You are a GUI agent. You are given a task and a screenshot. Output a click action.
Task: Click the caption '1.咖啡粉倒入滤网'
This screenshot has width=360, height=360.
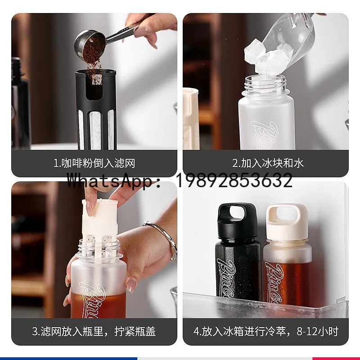pos(94,163)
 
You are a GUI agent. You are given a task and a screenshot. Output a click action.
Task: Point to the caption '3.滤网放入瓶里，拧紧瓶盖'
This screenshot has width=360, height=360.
pos(94,332)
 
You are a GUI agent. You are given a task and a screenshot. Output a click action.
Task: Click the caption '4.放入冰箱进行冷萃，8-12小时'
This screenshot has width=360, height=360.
pos(266,332)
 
